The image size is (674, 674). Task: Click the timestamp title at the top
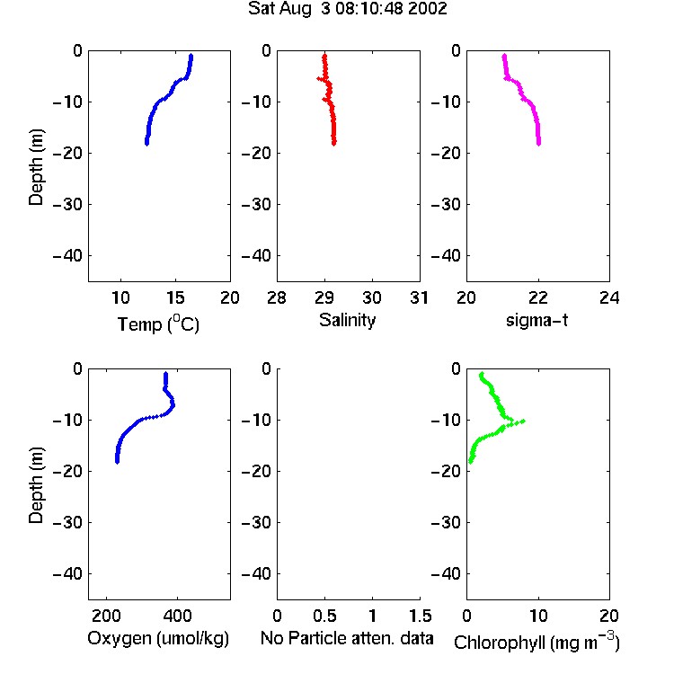point(347,9)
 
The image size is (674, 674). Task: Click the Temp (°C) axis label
point(158,324)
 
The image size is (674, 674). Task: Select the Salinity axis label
point(347,320)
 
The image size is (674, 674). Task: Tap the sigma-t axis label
point(537,320)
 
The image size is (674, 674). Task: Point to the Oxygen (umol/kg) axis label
point(158,638)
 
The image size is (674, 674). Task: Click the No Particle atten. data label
point(347,638)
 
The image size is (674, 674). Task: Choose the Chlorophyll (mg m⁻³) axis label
point(537,642)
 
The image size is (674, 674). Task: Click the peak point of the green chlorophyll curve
point(523,421)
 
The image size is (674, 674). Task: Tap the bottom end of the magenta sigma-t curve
point(538,144)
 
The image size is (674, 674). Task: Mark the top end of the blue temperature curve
point(191,56)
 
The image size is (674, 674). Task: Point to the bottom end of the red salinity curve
point(334,144)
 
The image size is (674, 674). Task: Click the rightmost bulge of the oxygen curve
point(173,405)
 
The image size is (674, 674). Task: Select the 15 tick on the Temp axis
point(175,297)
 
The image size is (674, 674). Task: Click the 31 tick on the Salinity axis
point(419,297)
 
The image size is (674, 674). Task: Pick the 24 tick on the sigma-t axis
point(609,297)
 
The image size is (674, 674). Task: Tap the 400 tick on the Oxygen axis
point(177,616)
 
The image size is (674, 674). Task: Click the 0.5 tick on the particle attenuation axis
point(324,616)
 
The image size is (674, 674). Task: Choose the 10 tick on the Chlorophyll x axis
point(538,616)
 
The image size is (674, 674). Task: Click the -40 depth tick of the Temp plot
point(68,256)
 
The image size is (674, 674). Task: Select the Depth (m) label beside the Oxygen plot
point(37,485)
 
